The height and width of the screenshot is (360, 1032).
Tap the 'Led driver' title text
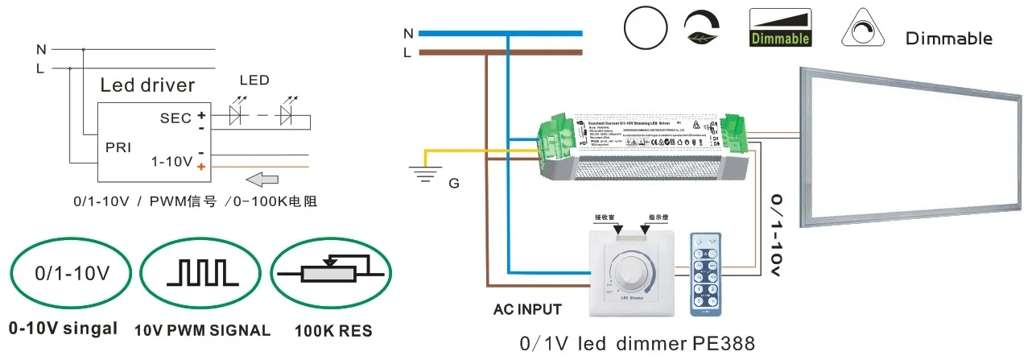(x=147, y=85)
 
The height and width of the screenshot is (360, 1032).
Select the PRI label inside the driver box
(x=118, y=147)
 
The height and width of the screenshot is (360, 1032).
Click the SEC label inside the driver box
(x=175, y=118)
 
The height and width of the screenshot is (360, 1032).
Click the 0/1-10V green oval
(x=72, y=273)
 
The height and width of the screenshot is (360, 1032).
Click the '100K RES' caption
(x=332, y=330)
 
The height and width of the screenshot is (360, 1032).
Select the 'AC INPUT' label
(x=527, y=309)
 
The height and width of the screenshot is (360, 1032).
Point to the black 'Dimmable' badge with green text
(x=780, y=27)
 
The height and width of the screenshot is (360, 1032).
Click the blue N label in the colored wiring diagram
(x=408, y=34)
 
